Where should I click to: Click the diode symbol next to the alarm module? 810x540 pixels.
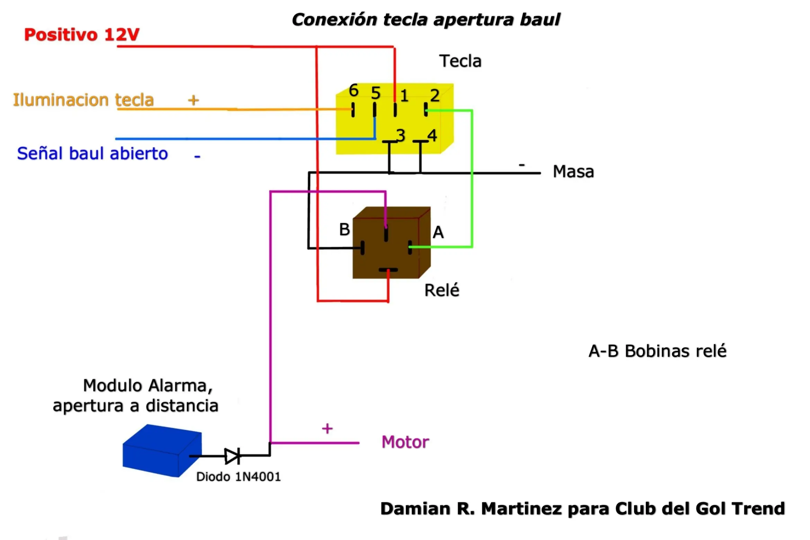tap(232, 456)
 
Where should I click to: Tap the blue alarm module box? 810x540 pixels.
tap(162, 451)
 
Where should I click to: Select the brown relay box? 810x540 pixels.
tap(392, 242)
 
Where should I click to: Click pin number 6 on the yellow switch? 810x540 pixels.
tap(354, 90)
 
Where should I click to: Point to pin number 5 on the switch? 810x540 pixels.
tap(376, 93)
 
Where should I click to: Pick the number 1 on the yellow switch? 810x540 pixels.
tap(404, 96)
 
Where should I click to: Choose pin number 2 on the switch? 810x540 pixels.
tap(435, 95)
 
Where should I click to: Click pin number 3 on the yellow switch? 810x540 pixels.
tap(401, 135)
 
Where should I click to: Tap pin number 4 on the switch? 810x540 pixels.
tap(432, 135)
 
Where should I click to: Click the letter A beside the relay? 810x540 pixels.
tap(438, 232)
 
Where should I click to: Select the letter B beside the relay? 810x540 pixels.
tap(345, 229)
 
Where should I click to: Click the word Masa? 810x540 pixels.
tap(573, 171)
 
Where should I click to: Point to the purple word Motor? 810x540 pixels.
tap(405, 442)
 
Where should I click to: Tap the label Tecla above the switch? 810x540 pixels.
tap(460, 61)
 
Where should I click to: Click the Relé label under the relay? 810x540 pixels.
tap(442, 290)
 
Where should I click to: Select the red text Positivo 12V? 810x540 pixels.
tap(82, 35)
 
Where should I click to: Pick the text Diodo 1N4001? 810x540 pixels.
tap(238, 477)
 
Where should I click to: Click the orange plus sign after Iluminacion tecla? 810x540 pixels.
tap(194, 100)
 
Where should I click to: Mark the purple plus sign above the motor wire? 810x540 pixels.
tap(327, 429)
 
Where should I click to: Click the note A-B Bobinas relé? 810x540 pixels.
tap(657, 351)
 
